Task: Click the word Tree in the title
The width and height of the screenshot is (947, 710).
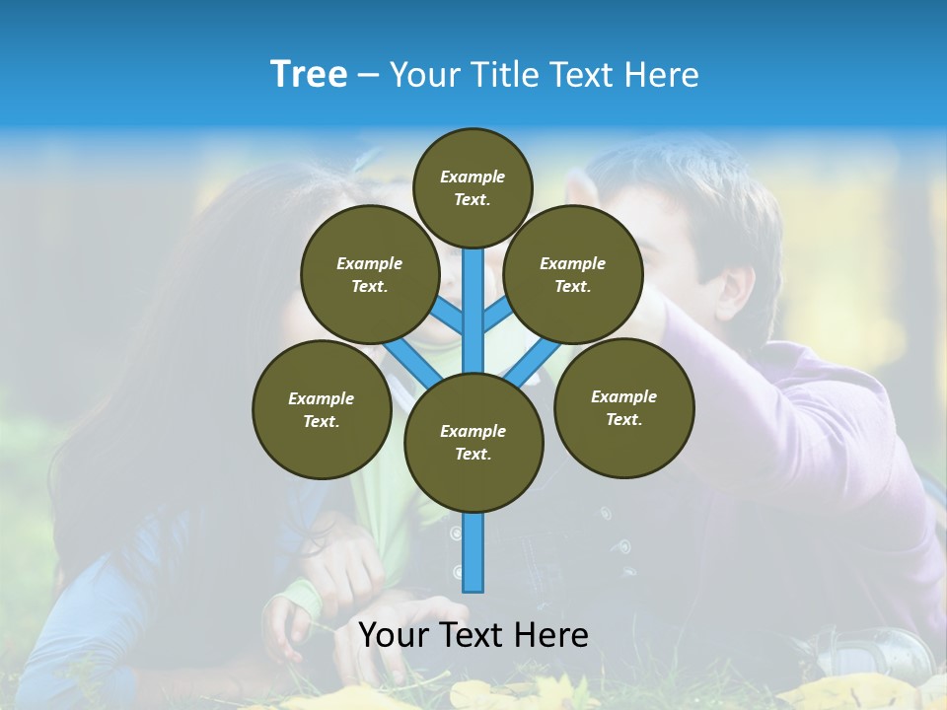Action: (x=309, y=74)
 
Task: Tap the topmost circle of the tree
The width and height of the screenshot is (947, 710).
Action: (x=473, y=187)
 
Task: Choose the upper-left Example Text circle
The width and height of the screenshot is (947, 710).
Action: (x=370, y=274)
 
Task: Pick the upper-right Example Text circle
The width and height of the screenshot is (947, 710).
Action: (x=573, y=274)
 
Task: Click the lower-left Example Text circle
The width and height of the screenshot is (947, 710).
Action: (x=322, y=409)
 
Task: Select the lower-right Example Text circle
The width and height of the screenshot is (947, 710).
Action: (x=624, y=407)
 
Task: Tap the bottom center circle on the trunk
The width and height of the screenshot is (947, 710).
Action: (x=473, y=443)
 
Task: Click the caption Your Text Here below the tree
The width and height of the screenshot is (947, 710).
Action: (x=473, y=635)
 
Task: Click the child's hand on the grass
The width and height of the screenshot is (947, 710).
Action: (x=286, y=631)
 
